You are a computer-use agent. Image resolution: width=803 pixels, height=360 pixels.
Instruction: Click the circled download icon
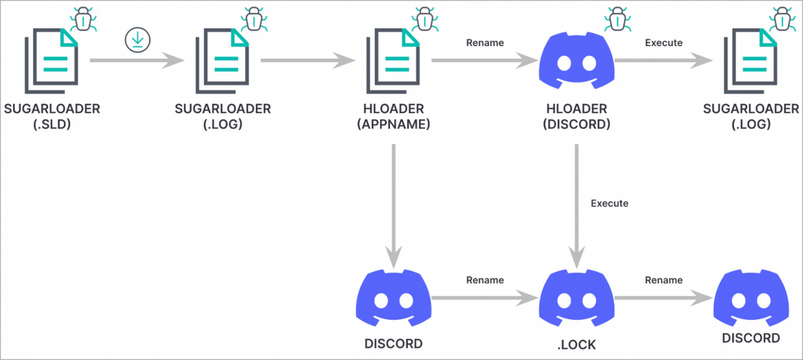click(x=137, y=41)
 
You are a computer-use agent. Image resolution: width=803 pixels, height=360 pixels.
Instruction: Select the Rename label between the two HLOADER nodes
click(x=484, y=43)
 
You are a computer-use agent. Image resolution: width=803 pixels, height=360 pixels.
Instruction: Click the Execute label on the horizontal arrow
click(x=663, y=43)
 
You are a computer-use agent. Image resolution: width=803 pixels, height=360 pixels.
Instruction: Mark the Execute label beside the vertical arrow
click(x=610, y=203)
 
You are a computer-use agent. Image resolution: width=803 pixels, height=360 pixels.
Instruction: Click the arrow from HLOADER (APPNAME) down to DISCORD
click(x=393, y=201)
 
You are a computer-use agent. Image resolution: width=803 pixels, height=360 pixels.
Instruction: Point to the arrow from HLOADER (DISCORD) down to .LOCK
click(x=576, y=201)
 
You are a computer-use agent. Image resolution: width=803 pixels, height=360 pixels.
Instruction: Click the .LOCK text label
click(x=576, y=344)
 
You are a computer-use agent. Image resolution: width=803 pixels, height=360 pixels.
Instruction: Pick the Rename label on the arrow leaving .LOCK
click(x=663, y=280)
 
